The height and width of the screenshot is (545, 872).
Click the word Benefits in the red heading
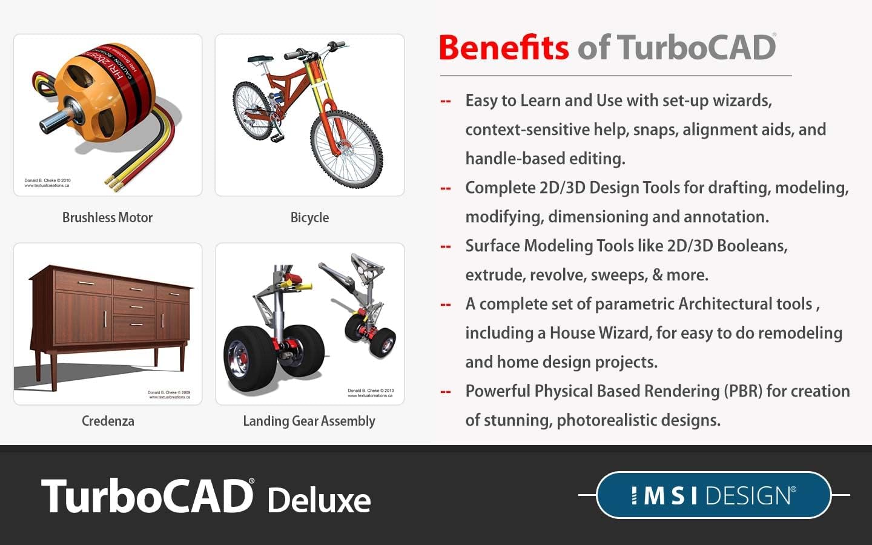(x=503, y=48)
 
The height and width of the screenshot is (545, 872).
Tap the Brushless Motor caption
(x=108, y=217)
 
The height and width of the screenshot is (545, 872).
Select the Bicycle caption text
(x=309, y=217)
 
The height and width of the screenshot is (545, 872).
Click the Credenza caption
(x=108, y=421)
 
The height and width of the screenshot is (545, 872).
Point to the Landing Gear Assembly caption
(x=309, y=421)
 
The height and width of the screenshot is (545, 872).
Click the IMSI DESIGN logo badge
(x=713, y=495)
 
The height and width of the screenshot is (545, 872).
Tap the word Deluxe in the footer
(x=319, y=500)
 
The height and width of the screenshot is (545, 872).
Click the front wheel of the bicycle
(x=346, y=148)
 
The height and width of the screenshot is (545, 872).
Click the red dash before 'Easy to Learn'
(x=446, y=101)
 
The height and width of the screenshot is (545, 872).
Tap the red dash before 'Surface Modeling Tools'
(x=446, y=246)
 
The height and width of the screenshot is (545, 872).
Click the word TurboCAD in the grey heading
(x=696, y=48)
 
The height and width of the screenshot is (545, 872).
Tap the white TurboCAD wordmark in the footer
(x=147, y=497)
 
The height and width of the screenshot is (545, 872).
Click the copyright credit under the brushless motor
(x=47, y=183)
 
